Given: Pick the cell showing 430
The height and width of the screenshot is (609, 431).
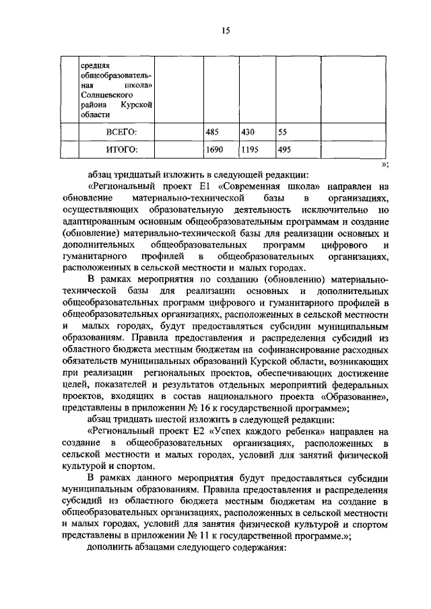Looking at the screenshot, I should [x=248, y=132].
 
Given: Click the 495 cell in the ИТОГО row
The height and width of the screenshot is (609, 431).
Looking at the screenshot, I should [x=285, y=149].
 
